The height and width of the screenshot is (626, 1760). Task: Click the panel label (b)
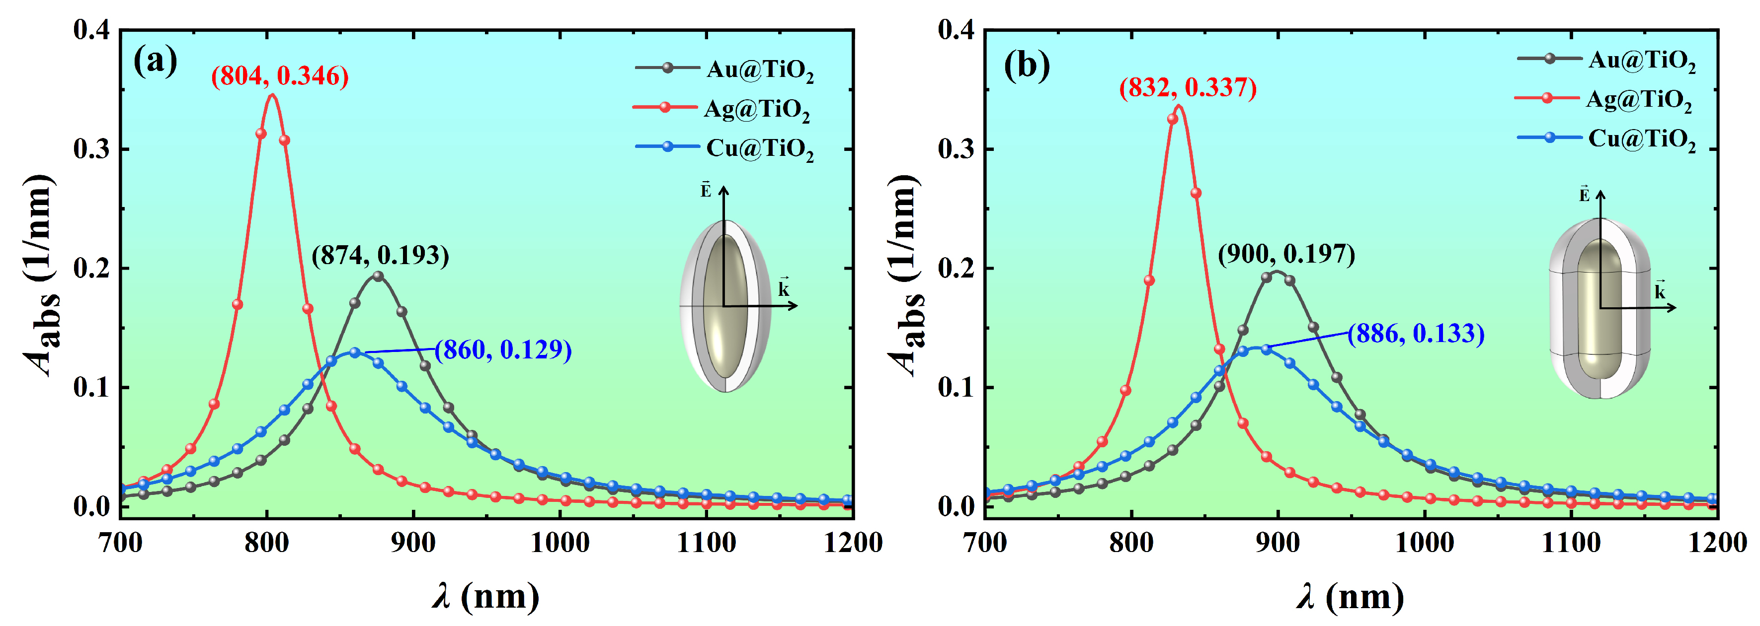click(x=1026, y=66)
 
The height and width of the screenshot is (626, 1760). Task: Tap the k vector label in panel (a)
click(x=783, y=289)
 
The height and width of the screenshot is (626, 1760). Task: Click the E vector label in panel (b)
click(x=1584, y=195)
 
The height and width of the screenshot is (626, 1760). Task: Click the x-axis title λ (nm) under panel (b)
click(x=1350, y=597)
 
